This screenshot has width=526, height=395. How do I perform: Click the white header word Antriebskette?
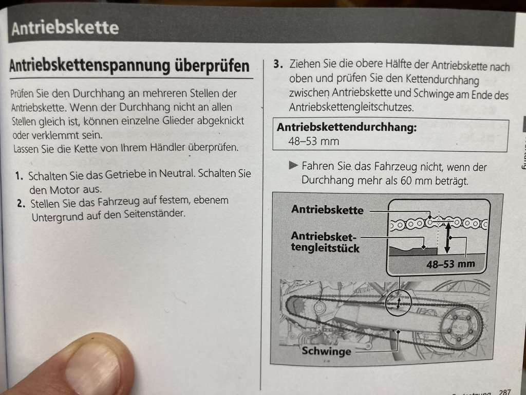coord(65,28)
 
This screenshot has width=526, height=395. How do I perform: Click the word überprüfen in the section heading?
coord(212,65)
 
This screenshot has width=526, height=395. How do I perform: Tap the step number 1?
coord(19,176)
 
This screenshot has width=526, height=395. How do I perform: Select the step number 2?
coord(21,204)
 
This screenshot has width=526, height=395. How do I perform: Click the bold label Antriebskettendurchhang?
coord(347,128)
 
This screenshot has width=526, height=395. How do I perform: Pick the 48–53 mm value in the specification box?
coord(314,141)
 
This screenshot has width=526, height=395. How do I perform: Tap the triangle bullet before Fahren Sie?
coord(293,165)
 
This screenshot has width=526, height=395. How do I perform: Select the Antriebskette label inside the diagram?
coord(327,210)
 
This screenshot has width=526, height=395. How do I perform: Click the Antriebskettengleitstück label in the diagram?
coord(325,242)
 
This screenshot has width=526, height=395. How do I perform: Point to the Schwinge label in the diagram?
coord(326,351)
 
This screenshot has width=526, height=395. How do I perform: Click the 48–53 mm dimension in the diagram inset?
coord(450,264)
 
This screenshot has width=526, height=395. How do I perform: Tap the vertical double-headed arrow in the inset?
coord(447,238)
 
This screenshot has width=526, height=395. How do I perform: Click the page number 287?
coord(505,391)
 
